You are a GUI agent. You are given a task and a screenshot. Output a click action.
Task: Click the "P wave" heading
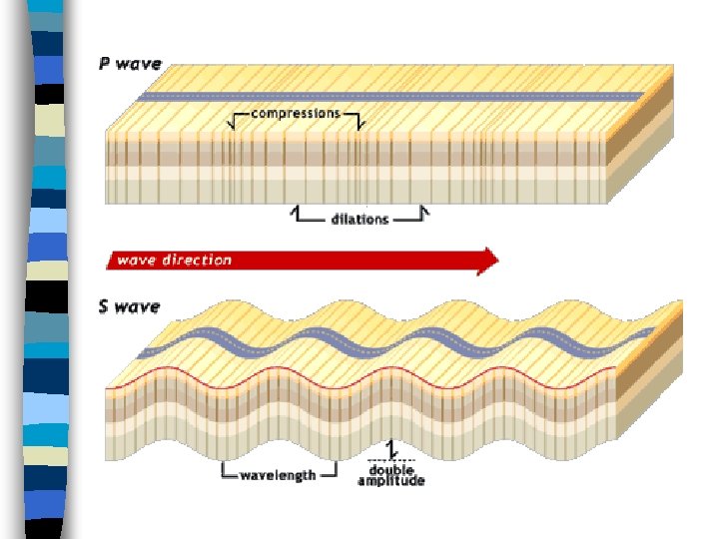pos(130,65)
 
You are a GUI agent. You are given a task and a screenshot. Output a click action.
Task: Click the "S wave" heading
pos(129,306)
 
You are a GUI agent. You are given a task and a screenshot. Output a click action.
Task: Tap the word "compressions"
pos(295,113)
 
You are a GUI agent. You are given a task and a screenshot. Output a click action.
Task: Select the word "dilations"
pos(359,219)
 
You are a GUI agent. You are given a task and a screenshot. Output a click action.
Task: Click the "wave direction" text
pos(174,261)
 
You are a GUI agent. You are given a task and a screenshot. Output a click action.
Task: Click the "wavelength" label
pos(277,474)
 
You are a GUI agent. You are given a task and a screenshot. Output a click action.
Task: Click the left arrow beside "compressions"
pos(236,119)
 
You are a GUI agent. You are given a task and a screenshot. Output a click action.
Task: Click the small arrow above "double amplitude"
pos(389,449)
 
